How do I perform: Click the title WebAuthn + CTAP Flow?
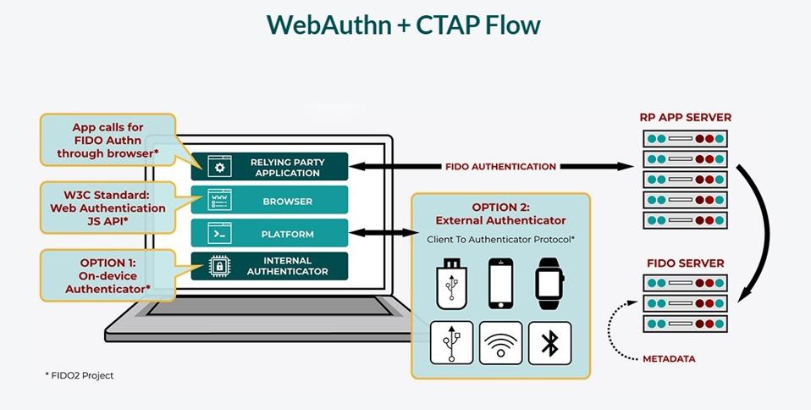pyautogui.click(x=404, y=25)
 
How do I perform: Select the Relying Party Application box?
pyautogui.click(x=269, y=166)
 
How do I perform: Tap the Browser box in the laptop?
pyautogui.click(x=269, y=202)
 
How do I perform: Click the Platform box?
pyautogui.click(x=269, y=234)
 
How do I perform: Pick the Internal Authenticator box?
pyautogui.click(x=269, y=266)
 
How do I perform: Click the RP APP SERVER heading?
pyautogui.click(x=686, y=118)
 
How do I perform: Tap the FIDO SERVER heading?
pyautogui.click(x=686, y=263)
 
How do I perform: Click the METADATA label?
pyautogui.click(x=668, y=358)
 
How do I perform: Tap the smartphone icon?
pyautogui.click(x=500, y=282)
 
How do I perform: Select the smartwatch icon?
pyautogui.click(x=549, y=282)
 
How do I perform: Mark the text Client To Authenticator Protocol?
pyautogui.click(x=500, y=240)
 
